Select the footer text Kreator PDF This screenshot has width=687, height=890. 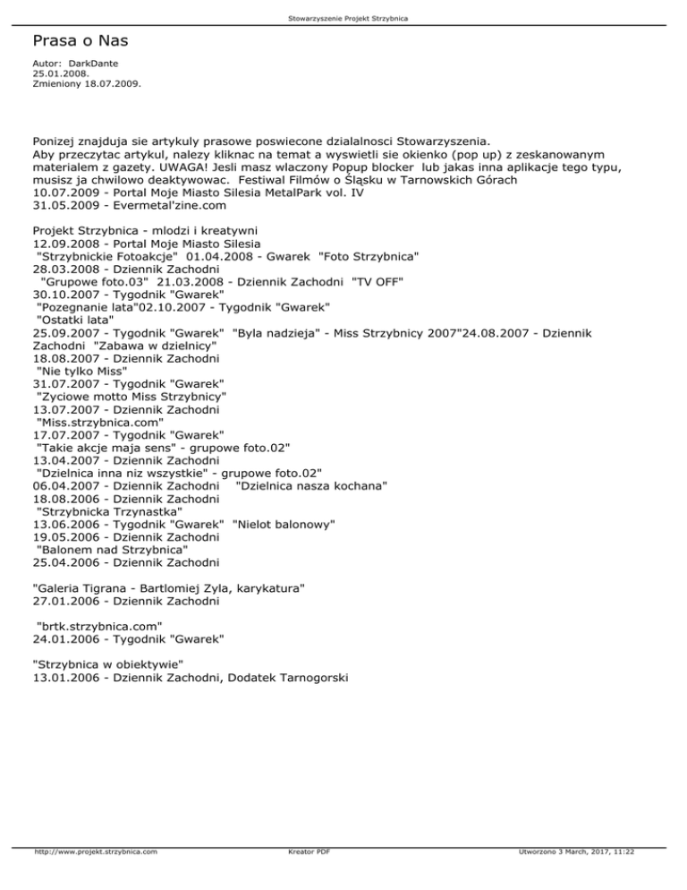(x=305, y=877)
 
